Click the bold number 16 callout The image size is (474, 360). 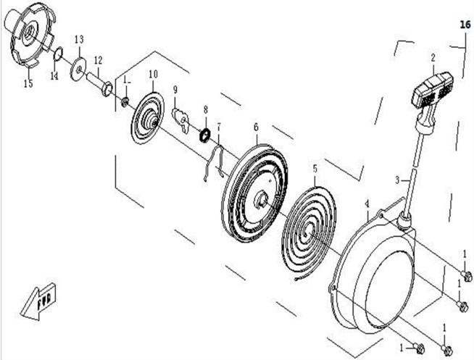465,25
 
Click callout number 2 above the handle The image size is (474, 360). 433,57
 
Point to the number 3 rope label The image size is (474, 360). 397,180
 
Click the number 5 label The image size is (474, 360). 315,169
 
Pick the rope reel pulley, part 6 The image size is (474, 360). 254,193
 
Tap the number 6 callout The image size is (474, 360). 256,127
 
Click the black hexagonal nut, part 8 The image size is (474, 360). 205,135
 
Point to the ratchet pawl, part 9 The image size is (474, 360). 180,120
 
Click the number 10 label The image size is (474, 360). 154,75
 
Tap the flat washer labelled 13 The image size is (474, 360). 78,69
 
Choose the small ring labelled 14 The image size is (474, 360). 58,54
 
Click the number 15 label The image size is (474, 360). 28,83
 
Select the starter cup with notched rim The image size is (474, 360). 30,35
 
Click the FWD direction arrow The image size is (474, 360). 38,302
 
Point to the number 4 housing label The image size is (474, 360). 367,204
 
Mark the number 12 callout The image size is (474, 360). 99,60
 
